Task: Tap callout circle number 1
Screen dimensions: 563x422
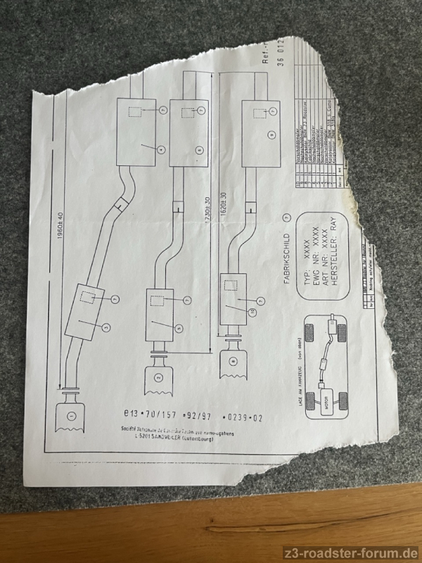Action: pos(70,417)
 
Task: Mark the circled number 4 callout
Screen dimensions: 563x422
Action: pos(161,149)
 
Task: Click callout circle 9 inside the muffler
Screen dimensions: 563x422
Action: pos(269,133)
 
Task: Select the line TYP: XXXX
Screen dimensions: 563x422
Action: pos(306,246)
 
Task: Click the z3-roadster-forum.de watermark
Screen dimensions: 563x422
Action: pos(350,552)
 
